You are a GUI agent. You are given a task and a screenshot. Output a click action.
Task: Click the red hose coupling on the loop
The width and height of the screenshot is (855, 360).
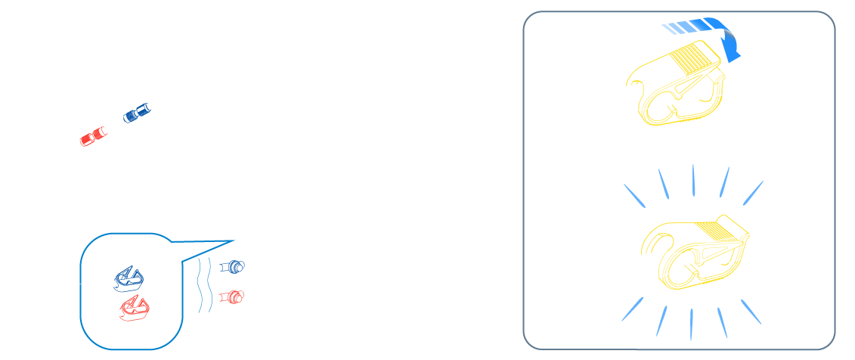(92, 137)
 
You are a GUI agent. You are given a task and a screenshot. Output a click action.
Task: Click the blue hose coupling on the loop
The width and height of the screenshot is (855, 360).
(136, 115)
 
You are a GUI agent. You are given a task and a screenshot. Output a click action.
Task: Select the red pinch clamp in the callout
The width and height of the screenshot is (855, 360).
(135, 306)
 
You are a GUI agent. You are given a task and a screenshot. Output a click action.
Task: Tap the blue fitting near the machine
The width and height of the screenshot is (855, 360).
(233, 266)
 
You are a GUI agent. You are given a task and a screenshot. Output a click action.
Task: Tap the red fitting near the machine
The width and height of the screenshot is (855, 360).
(233, 296)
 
